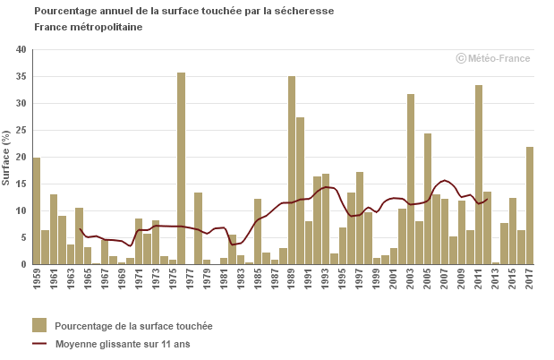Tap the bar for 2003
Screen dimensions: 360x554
[411, 179]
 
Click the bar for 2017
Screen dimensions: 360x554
[530, 205]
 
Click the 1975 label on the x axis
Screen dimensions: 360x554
[172, 279]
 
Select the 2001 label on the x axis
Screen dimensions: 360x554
[394, 279]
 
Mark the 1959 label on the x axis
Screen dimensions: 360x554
[37, 279]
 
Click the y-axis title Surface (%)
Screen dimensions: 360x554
[6, 157]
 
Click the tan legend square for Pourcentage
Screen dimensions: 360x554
[39, 325]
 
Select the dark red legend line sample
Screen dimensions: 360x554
[39, 343]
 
